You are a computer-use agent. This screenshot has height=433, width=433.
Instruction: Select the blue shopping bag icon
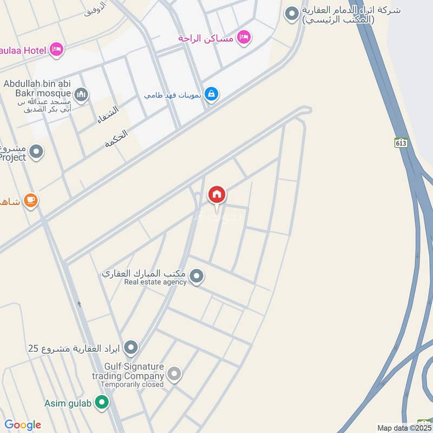212,94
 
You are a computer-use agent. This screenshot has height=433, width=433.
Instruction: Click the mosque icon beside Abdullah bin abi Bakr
81,95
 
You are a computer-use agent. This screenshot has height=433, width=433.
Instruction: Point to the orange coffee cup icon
31,201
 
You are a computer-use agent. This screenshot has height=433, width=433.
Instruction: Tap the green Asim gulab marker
101,402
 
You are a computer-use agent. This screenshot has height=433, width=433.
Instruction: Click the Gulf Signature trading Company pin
174,373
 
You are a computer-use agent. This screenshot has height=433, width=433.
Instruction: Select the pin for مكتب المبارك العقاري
196,277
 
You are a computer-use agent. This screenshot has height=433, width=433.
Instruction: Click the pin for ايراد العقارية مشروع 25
130,347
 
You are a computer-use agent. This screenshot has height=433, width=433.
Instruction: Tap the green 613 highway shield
401,142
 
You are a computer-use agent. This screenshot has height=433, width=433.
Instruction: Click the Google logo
23,425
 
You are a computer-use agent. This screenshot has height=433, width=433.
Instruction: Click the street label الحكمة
116,139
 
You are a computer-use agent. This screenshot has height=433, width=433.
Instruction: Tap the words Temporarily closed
132,385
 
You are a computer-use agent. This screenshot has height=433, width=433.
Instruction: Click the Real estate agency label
155,282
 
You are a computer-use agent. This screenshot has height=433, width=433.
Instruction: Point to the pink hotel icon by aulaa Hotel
56,50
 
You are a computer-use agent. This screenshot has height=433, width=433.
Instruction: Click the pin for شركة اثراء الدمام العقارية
292,14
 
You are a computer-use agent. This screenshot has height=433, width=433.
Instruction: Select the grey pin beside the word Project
36,152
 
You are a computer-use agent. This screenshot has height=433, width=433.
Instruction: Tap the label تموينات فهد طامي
173,95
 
